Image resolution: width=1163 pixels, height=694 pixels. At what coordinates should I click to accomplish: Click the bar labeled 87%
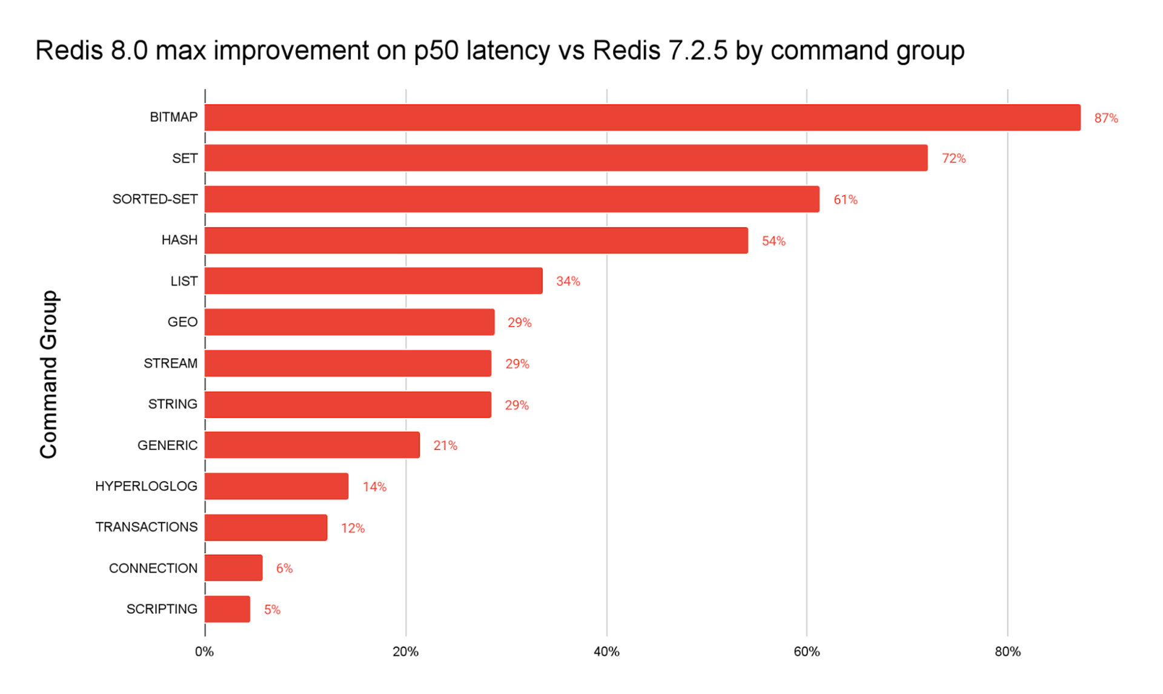tap(642, 118)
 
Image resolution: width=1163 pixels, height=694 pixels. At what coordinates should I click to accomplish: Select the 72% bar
tap(566, 158)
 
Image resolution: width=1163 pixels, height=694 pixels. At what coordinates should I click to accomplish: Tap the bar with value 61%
tap(512, 199)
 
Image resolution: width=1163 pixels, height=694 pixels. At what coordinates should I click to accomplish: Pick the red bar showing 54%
tap(476, 241)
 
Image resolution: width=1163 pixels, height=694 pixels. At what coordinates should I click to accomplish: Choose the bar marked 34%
tap(373, 281)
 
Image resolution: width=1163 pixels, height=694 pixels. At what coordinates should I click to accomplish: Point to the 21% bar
tap(312, 445)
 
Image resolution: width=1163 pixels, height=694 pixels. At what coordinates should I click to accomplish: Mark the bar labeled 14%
tap(276, 487)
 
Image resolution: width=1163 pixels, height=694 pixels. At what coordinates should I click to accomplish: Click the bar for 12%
tap(266, 528)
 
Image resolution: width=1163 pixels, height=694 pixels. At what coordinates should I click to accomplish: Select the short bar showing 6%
tap(233, 568)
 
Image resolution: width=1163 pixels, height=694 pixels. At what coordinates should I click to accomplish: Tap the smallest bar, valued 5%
tap(227, 609)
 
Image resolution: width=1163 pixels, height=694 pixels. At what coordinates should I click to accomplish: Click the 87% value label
tap(1106, 118)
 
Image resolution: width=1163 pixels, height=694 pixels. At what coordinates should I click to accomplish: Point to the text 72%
tap(953, 159)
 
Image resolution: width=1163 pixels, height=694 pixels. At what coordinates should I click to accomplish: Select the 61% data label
tap(846, 200)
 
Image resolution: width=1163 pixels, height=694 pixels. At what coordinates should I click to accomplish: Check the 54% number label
tap(774, 241)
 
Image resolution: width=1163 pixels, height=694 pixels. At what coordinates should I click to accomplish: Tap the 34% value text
tap(568, 281)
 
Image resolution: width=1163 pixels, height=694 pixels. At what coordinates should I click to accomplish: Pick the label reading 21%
tap(445, 446)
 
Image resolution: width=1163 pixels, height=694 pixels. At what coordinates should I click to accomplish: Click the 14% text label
tap(374, 487)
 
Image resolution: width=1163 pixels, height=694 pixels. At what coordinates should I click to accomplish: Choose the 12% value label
tap(353, 529)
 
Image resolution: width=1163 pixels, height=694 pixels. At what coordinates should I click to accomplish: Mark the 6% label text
tap(284, 569)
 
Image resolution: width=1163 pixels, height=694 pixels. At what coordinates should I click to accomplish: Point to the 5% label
tap(272, 610)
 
